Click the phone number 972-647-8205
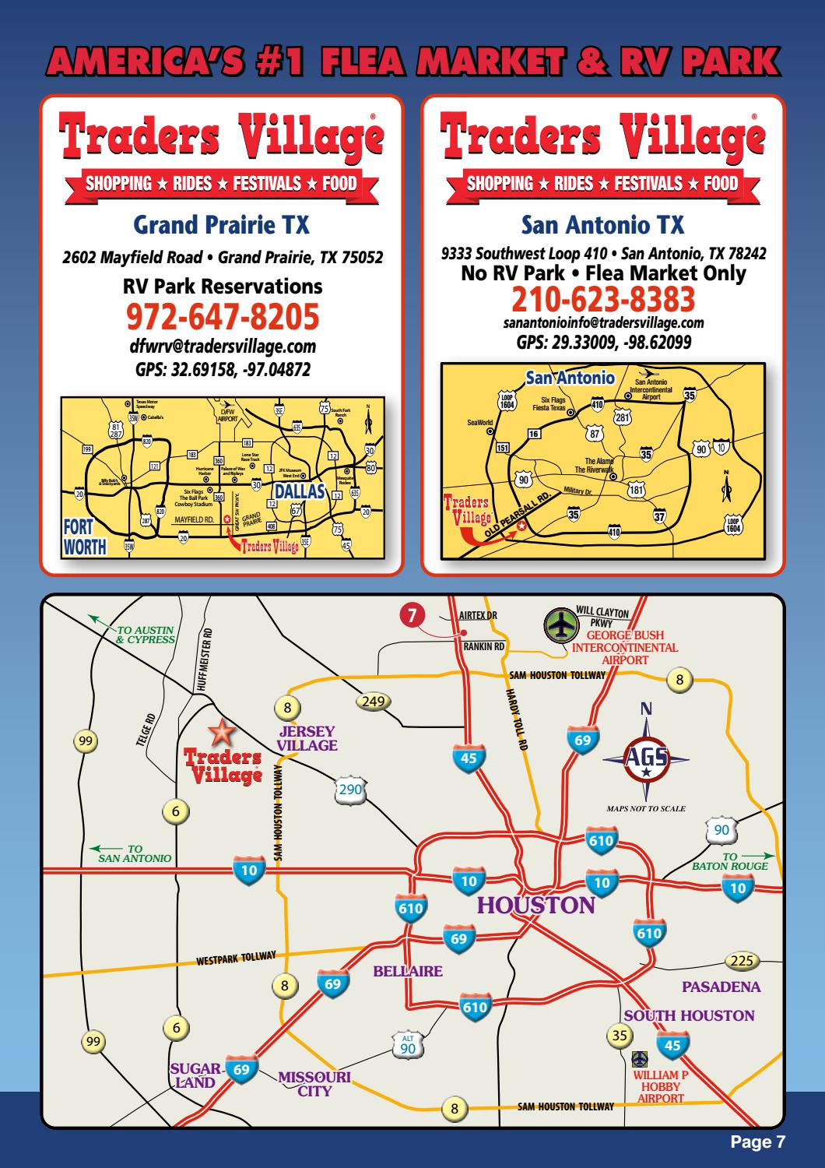click(x=222, y=317)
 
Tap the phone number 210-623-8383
click(x=603, y=299)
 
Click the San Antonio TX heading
click(x=603, y=226)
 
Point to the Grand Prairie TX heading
click(x=222, y=226)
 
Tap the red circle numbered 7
click(x=412, y=614)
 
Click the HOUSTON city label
click(x=535, y=906)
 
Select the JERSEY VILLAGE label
click(x=307, y=738)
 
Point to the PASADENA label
click(x=721, y=987)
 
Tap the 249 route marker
click(x=374, y=702)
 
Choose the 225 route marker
click(x=742, y=960)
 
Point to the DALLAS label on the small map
click(x=298, y=491)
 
